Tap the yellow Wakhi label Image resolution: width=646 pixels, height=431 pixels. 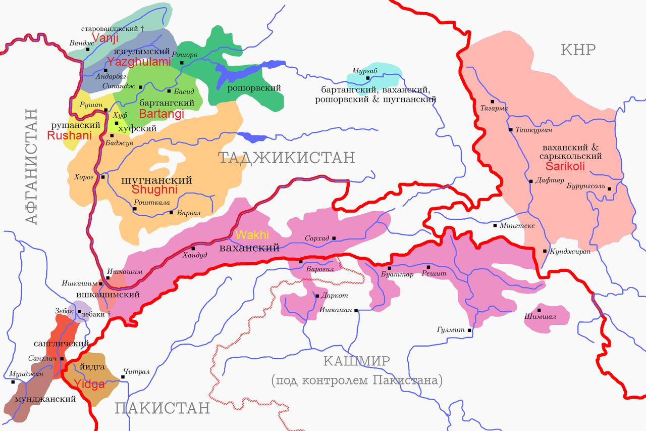coord(252,235)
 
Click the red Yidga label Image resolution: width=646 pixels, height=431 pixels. coord(89,384)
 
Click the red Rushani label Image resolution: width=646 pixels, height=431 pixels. coord(69,135)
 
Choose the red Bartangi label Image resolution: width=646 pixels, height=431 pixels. coord(161,114)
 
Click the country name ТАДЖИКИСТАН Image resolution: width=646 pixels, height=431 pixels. coord(286,158)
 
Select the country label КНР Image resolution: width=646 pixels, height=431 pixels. coord(578,50)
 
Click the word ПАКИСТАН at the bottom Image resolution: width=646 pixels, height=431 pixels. coord(161,408)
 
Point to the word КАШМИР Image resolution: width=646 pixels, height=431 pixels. coord(356,361)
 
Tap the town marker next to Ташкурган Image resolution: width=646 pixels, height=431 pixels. coord(511,130)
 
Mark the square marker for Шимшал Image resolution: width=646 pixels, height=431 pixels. coord(540,310)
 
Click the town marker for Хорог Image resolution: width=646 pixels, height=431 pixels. coord(102,177)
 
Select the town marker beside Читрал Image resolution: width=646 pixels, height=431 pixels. coord(123,376)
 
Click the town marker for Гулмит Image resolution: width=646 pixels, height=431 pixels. coord(469,330)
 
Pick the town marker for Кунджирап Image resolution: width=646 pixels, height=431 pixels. coord(545,251)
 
